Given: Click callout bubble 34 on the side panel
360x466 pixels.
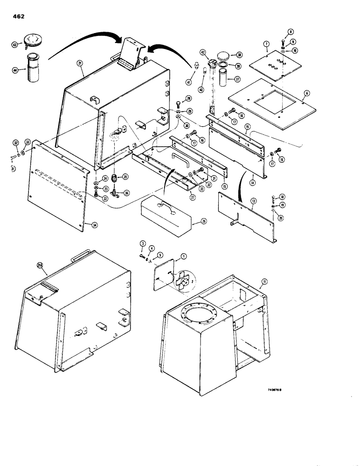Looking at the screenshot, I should coord(95,225).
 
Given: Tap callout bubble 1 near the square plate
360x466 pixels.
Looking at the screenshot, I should coord(183,256).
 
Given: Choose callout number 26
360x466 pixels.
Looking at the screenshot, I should coord(204,222).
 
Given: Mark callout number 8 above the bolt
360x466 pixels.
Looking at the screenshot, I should coord(290,32).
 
